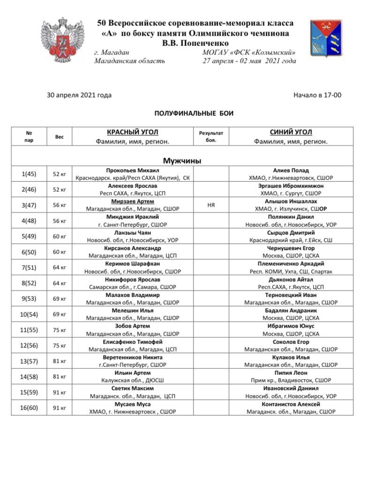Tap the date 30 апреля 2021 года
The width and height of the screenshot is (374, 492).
point(79,95)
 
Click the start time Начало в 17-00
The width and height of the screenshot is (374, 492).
point(317,95)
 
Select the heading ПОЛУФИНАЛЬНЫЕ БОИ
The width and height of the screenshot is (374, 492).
point(194,113)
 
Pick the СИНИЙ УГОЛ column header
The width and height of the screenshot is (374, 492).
point(291,133)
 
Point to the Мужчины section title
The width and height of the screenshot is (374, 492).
point(182,161)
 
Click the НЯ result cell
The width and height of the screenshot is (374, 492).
point(211,205)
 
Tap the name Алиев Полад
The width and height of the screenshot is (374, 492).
point(291,171)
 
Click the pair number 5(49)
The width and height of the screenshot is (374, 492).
point(29,236)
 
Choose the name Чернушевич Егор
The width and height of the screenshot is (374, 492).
point(291,248)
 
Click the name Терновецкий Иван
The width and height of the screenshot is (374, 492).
point(291,295)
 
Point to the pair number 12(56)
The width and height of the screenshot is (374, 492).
point(29,345)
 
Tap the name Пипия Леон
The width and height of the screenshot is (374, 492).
point(291,373)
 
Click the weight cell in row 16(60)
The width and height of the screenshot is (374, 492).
point(60,408)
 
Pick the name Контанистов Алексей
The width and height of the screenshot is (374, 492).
point(291,404)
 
